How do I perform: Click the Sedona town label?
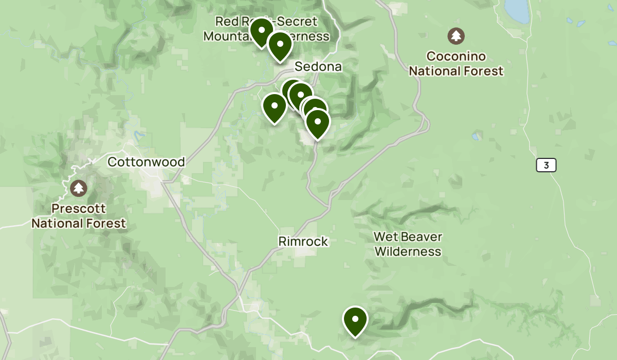pos(318,67)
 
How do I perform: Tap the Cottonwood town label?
pos(146,162)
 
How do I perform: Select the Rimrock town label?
pos(303,241)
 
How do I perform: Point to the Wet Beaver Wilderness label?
pos(408,244)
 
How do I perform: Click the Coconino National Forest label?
pos(456,64)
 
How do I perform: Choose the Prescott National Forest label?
pos(79,216)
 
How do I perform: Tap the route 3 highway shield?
pos(546,165)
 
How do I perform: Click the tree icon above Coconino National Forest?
pos(456,36)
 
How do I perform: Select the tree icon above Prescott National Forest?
pos(79,188)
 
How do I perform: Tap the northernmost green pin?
pos(261,30)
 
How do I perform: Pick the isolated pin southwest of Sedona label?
pos(275,106)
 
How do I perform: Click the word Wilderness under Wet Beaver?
pos(408,251)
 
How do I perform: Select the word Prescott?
pos(79,209)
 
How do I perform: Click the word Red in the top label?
pos(226,22)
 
